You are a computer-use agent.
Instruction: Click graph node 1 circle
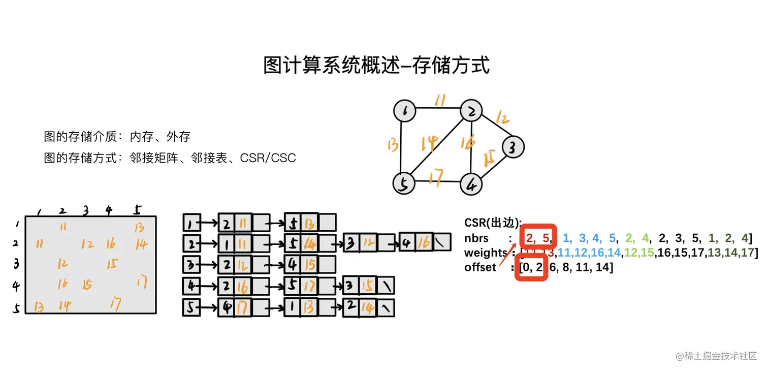pyautogui.click(x=405, y=111)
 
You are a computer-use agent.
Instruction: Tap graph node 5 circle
pyautogui.click(x=404, y=183)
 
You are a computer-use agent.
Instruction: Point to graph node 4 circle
pyautogui.click(x=471, y=184)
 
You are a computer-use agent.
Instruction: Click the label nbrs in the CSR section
pyautogui.click(x=476, y=238)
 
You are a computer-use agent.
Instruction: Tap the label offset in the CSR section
pyautogui.click(x=480, y=267)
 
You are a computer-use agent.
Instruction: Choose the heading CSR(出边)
pyautogui.click(x=493, y=223)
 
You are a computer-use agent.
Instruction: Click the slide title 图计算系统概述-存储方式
pyautogui.click(x=376, y=66)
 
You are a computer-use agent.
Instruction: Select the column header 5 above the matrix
pyautogui.click(x=138, y=209)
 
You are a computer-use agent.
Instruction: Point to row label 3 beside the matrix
pyautogui.click(x=16, y=264)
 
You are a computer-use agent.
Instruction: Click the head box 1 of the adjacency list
pyautogui.click(x=190, y=223)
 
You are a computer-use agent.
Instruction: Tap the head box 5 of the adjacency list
pyautogui.click(x=190, y=307)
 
